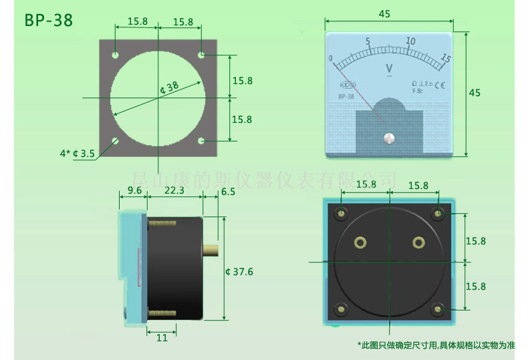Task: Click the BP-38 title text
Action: coord(48,20)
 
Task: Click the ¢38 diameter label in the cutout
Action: coord(170,87)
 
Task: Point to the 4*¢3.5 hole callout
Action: coord(78,154)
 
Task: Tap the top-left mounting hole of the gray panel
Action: coord(116,53)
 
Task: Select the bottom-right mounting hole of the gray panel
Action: coord(201,142)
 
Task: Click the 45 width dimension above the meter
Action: coord(384,13)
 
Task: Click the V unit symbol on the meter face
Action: coord(389,67)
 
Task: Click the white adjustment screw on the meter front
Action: coord(388,138)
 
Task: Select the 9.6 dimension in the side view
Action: coord(134,191)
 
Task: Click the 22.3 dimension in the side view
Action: coord(174,191)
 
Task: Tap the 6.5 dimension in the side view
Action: coord(227,191)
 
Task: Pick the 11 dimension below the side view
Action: coord(161,338)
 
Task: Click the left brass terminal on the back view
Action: coord(360,242)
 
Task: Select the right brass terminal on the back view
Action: coord(418,242)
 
